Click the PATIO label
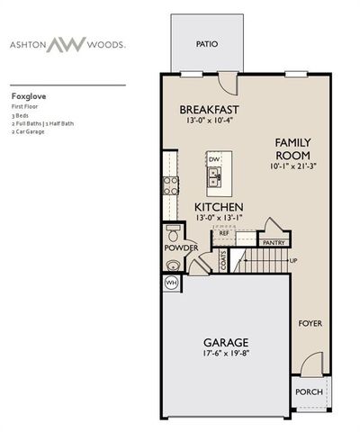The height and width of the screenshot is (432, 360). coord(207,44)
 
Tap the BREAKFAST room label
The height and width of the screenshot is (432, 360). coord(208,110)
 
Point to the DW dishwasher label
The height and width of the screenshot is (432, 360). coord(213,159)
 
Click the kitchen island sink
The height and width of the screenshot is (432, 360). coord(213,179)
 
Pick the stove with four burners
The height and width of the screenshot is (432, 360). coord(169,185)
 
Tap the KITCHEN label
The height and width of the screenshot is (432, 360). coord(219,207)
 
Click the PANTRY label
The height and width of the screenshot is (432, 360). coord(275,242)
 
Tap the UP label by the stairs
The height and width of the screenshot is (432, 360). coord(292,261)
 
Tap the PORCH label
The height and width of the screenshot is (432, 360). coord(309,391)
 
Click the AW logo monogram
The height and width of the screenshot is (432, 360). coord(93,42)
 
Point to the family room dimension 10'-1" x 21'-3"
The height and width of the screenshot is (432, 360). coord(293,166)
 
